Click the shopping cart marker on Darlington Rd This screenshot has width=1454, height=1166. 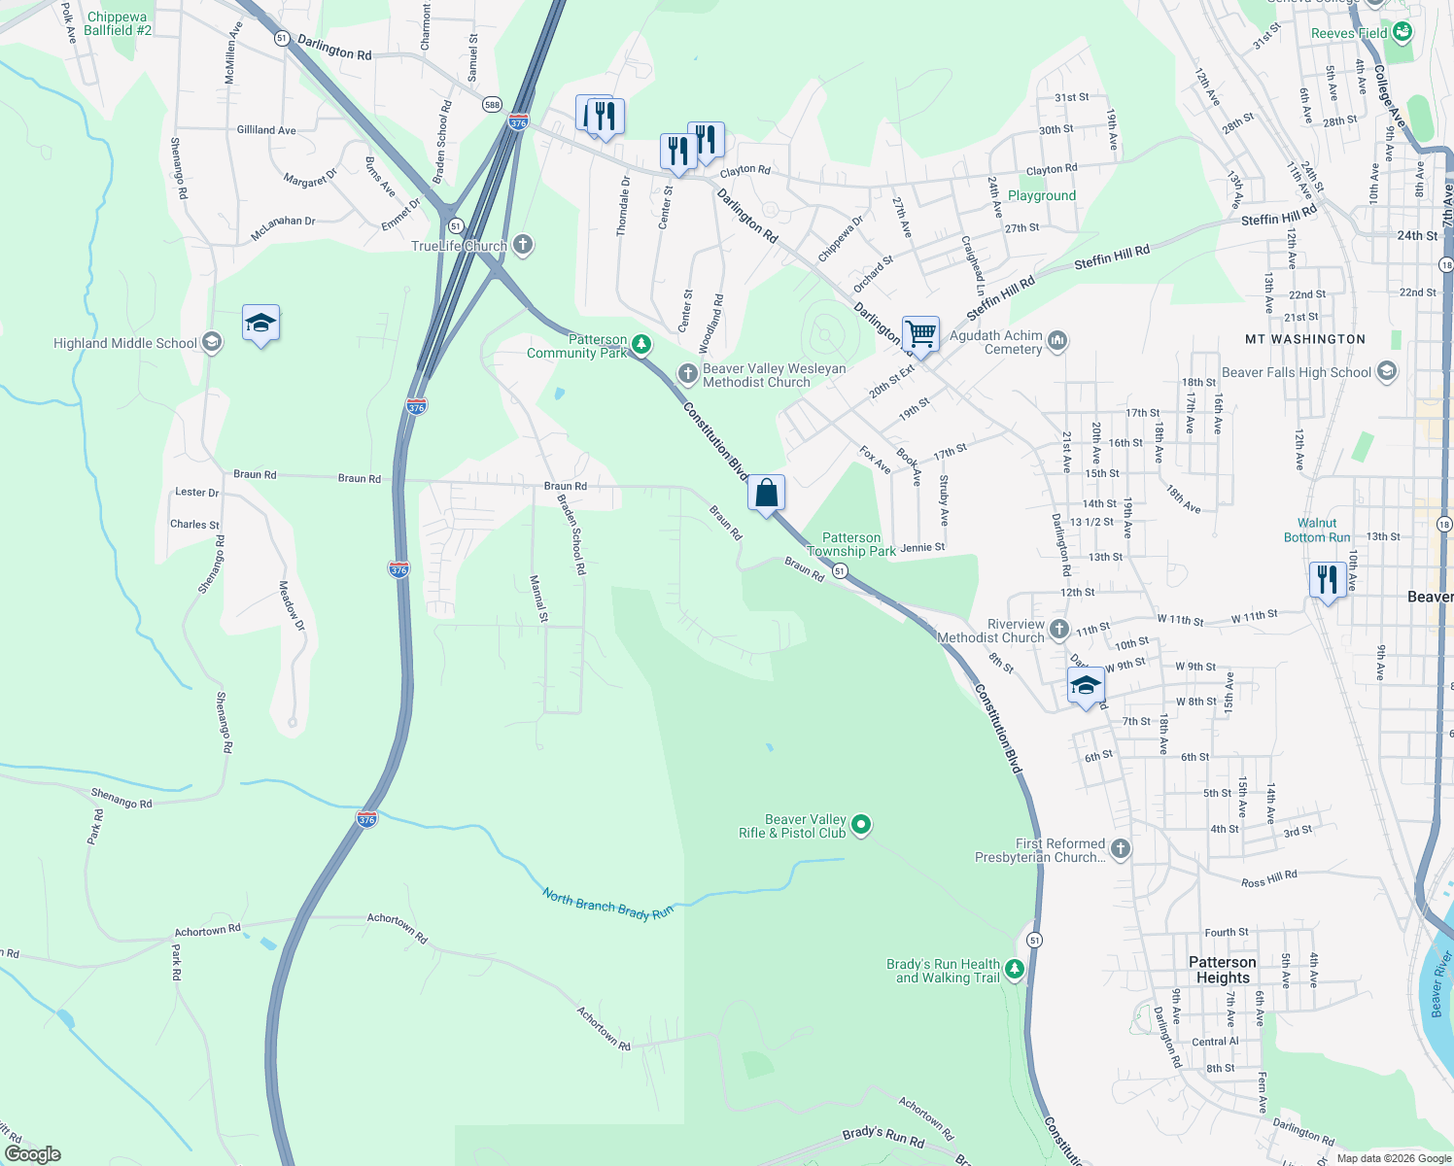click(920, 335)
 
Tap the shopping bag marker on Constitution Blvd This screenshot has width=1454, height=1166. click(766, 494)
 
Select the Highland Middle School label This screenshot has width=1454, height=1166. click(125, 343)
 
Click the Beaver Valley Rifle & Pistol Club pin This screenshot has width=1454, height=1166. click(860, 826)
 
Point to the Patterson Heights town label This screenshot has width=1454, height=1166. click(1222, 970)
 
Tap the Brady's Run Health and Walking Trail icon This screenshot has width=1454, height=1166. click(1014, 970)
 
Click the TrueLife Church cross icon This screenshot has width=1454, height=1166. click(523, 245)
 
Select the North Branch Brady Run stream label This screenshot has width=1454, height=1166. click(607, 905)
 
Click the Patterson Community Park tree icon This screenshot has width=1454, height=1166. click(640, 344)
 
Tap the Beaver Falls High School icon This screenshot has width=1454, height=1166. click(1387, 371)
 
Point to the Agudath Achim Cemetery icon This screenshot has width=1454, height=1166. click(1057, 341)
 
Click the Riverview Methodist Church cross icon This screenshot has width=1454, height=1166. click(1058, 630)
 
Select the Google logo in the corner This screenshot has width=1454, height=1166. click(32, 1154)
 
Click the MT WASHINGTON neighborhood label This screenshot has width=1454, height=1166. click(1305, 339)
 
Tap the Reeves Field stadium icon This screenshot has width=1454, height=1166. click(1402, 32)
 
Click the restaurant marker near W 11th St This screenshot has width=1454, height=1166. click(1327, 580)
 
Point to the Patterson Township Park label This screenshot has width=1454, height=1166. click(851, 544)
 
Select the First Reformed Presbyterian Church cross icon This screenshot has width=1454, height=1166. click(1120, 849)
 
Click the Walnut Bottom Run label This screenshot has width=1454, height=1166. click(1317, 530)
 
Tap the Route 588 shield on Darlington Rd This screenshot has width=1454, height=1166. click(493, 104)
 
